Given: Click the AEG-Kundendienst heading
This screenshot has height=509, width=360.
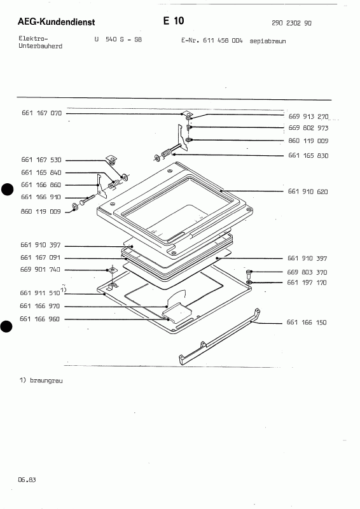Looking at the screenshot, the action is point(56,22).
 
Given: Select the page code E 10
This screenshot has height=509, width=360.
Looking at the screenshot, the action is point(174,21).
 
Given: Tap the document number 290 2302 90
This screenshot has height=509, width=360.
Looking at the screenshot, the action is point(291,23).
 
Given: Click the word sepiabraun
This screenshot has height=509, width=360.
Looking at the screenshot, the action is point(268,41).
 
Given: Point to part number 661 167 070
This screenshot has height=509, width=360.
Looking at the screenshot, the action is point(41,113).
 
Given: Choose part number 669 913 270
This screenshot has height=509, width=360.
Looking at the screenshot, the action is point(308,116).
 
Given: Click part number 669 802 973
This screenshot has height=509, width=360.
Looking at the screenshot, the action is point(308,128).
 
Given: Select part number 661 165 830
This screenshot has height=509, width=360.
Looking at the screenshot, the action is point(308,155).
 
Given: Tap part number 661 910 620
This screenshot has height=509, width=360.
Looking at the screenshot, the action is point(308,192).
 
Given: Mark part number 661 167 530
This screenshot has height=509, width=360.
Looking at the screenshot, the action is point(41,160).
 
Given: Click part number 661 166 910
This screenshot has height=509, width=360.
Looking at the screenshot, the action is point(41,197).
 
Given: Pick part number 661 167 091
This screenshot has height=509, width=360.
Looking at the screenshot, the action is point(41,258).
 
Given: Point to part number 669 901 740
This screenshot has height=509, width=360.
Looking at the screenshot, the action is point(40,269).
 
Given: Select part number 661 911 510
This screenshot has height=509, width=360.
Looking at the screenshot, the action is point(40,293).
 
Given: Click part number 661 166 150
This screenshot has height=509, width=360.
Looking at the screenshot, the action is point(307,323).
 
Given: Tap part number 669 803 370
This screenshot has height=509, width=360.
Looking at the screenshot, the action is point(307,272).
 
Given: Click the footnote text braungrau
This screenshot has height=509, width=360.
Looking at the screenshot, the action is point(46,380).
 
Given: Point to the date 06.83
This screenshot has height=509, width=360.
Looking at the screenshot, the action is point(27,480).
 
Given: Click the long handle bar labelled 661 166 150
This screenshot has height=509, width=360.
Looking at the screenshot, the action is point(219,337).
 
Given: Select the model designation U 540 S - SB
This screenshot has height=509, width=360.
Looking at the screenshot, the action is point(118,39).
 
